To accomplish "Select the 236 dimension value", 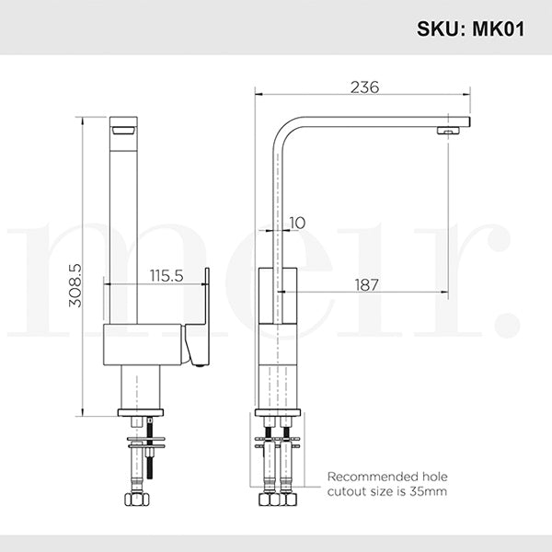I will coord(365,87).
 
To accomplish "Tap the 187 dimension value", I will coord(366,285).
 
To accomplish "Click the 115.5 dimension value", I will coord(167,275).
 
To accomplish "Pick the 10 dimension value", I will coord(297,223).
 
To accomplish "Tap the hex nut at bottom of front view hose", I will coord(132,501).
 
